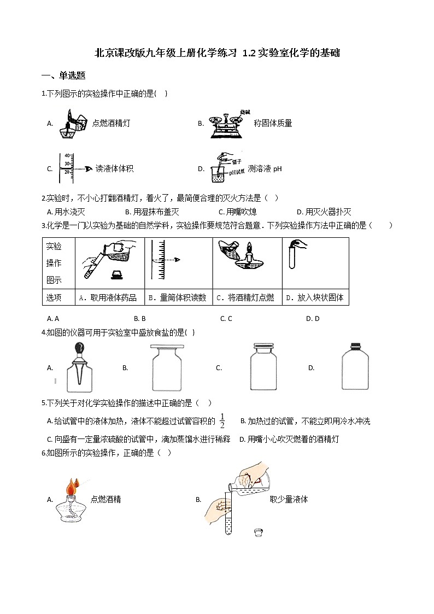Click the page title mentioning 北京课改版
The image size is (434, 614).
[217, 53]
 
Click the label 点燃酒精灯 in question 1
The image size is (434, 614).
[111, 124]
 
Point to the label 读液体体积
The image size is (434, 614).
[114, 169]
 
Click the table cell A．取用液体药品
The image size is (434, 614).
[109, 298]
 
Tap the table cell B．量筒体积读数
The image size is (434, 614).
[178, 298]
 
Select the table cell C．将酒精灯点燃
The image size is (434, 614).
[247, 298]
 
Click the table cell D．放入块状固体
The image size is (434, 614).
[315, 298]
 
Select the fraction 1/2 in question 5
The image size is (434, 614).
[222, 422]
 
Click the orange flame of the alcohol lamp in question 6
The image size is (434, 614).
[71, 486]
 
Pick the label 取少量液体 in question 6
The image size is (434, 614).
[289, 499]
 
